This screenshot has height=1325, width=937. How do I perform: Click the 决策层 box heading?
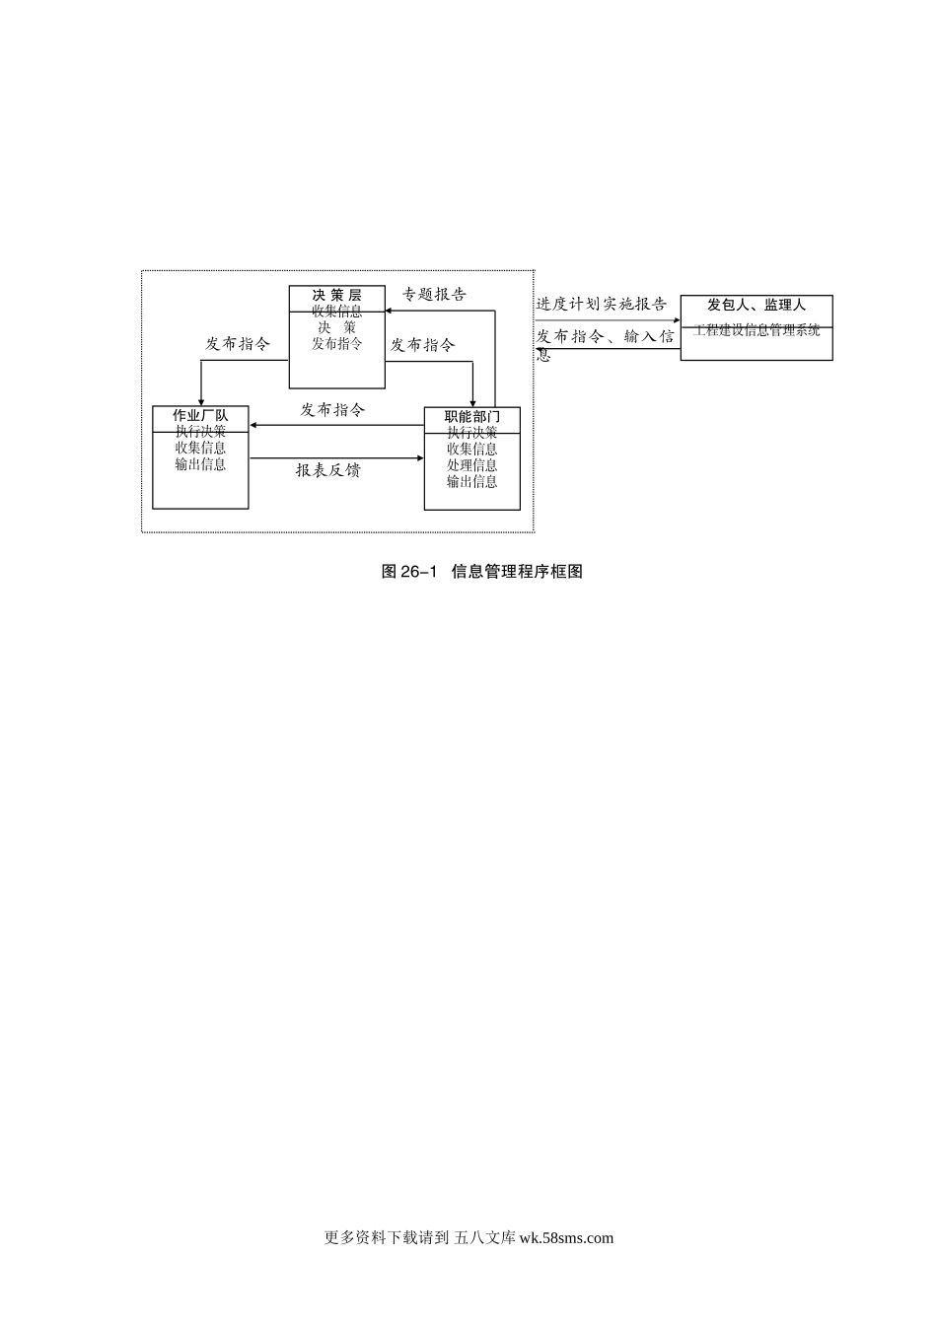[336, 295]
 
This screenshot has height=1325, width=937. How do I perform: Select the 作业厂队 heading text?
[200, 416]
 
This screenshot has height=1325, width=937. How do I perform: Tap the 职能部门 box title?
[471, 417]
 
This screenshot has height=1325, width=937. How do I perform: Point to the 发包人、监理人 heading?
[757, 306]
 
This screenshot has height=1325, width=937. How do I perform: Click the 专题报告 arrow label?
[434, 294]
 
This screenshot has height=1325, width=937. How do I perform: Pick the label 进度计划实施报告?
[601, 305]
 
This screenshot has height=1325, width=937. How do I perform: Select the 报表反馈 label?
[328, 470]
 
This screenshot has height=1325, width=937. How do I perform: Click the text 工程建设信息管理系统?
[757, 330]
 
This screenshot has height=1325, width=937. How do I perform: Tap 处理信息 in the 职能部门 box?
[471, 465]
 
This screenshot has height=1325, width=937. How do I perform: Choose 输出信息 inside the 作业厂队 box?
[200, 464]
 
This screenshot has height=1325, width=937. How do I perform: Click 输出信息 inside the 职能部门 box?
[471, 482]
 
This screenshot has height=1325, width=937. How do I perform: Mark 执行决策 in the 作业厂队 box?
[200, 432]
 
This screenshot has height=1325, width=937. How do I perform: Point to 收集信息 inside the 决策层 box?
[336, 312]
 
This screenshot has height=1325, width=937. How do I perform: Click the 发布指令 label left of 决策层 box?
[237, 344]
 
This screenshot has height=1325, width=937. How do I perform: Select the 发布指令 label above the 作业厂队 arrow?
[332, 409]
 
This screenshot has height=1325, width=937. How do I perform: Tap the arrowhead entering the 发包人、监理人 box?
[677, 320]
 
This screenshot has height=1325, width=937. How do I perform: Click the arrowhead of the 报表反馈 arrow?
[420, 458]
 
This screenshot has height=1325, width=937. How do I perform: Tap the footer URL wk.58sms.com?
[565, 1238]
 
